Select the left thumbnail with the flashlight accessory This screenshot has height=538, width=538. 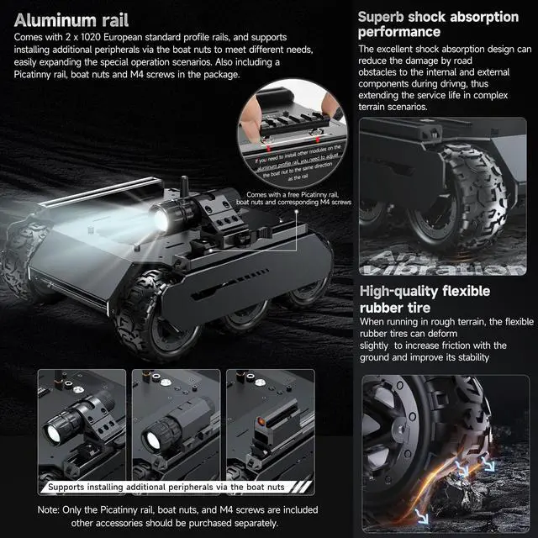(x=82, y=429)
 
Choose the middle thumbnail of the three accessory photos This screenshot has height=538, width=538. (x=175, y=429)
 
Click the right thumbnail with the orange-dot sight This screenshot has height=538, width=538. (x=269, y=429)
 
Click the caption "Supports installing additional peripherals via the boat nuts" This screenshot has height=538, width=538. (x=176, y=487)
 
